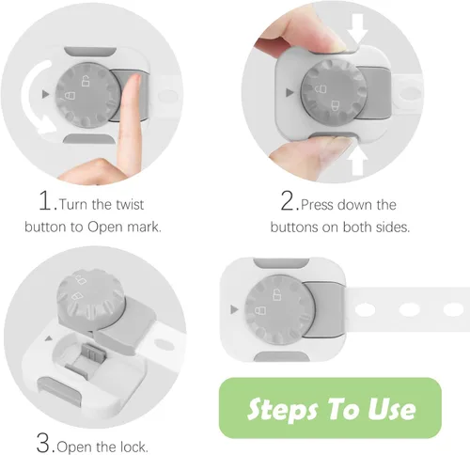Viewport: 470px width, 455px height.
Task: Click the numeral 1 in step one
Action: coord(44,201)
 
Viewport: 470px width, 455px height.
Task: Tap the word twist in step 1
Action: coord(130,205)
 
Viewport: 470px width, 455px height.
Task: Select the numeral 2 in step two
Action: coord(288,201)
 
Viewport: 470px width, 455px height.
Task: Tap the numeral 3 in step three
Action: coord(44,443)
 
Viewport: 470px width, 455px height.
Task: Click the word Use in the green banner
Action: coord(392,408)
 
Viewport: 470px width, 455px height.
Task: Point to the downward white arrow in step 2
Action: coord(358,29)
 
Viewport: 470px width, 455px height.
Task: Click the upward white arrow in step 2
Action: coord(358,161)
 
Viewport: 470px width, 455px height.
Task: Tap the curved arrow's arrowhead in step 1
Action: coord(48,125)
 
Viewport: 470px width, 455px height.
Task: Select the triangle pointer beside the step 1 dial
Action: coord(46,94)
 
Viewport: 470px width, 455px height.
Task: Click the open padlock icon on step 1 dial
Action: coord(86,81)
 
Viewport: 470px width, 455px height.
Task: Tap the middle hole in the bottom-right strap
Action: coord(409,309)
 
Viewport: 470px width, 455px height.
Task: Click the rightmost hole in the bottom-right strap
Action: coord(453,309)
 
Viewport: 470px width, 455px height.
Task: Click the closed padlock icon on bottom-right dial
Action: coord(260,311)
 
